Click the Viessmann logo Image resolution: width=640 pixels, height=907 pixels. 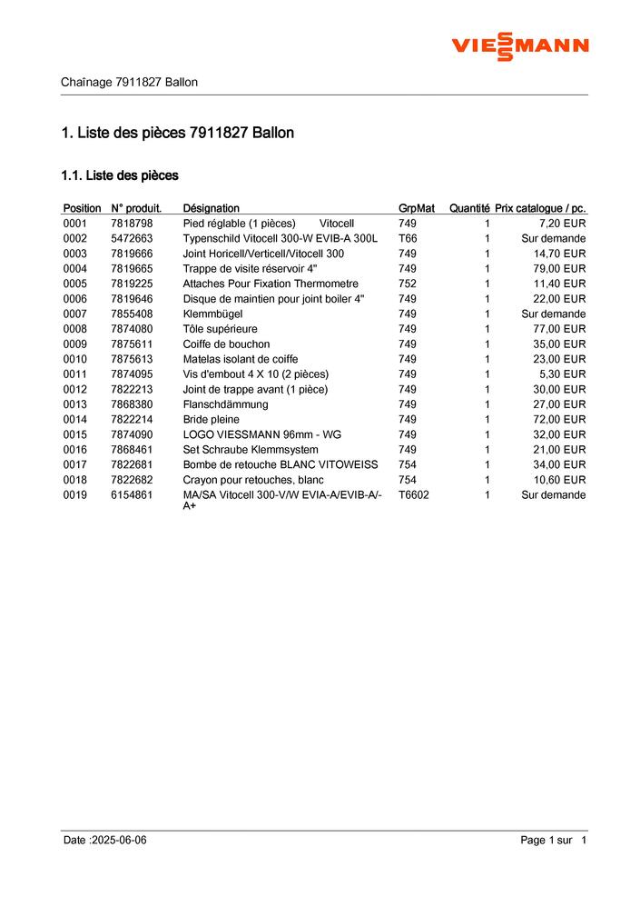(x=520, y=45)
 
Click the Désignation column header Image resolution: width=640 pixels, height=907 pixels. (x=211, y=208)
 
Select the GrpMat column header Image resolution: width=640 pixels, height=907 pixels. (x=417, y=208)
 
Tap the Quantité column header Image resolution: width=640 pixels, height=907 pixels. (x=469, y=208)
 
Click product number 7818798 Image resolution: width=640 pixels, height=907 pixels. (x=132, y=224)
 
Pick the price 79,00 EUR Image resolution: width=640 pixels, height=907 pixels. (x=560, y=269)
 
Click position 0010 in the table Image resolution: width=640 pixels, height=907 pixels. (x=75, y=359)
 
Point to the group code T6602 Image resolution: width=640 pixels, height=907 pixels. (x=414, y=495)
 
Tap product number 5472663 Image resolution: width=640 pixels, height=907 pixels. (x=132, y=238)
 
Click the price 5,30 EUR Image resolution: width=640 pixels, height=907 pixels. (x=563, y=374)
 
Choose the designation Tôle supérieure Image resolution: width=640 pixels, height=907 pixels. (x=221, y=329)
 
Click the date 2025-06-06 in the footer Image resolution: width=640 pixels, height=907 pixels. (x=117, y=841)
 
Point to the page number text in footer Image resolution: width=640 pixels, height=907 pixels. (x=554, y=841)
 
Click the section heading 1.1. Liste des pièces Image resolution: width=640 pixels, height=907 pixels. (x=120, y=174)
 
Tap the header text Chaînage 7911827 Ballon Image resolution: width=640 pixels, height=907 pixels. (x=129, y=82)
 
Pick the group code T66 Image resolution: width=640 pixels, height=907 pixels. (x=408, y=238)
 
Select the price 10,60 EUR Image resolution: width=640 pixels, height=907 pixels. (x=560, y=480)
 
